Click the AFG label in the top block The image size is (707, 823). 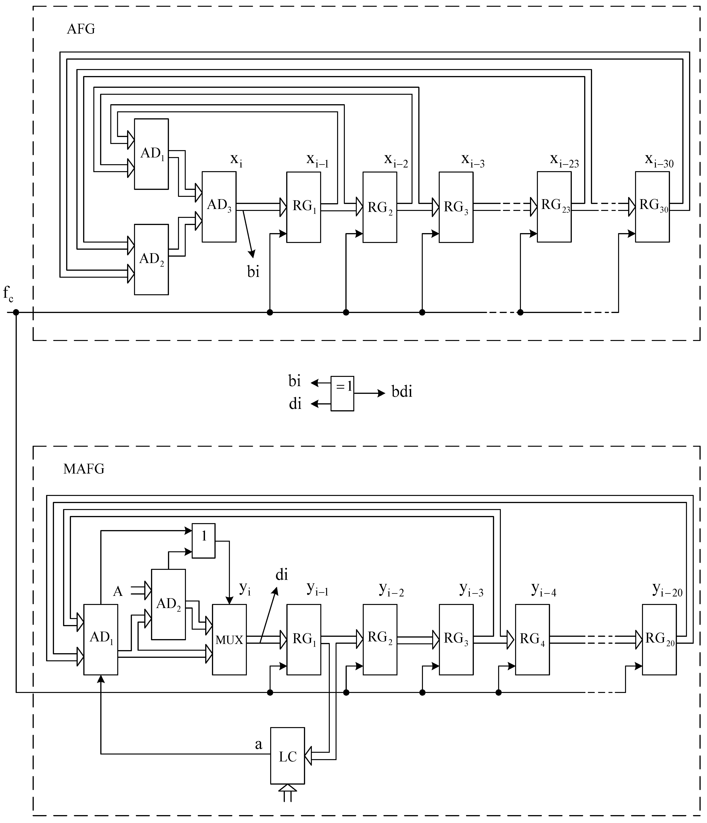click(x=81, y=29)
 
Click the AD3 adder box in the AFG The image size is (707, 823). click(x=219, y=206)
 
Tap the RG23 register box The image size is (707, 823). click(x=554, y=206)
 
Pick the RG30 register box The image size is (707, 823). click(x=652, y=206)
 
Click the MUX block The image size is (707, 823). click(x=229, y=639)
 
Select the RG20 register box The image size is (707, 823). click(x=659, y=639)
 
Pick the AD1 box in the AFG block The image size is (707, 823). click(x=151, y=154)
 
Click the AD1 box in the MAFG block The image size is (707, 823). click(x=100, y=639)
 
